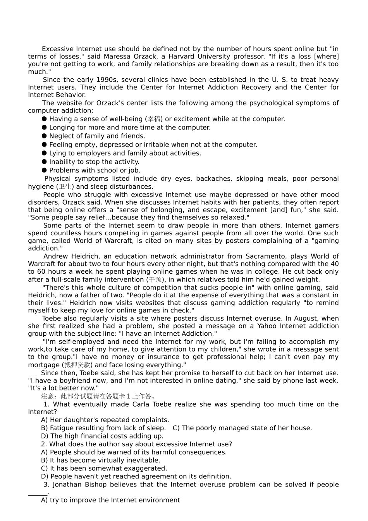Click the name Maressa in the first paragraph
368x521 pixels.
[116, 57]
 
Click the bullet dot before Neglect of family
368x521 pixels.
[44, 136]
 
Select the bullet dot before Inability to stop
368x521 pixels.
[44, 162]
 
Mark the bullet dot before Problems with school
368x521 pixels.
[44, 170]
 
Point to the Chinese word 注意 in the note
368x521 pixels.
[48, 396]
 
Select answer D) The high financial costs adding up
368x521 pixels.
[102, 436]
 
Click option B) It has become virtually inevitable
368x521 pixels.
[100, 461]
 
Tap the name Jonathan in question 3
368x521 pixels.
[67, 485]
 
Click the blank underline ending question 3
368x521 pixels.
[38, 493]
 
